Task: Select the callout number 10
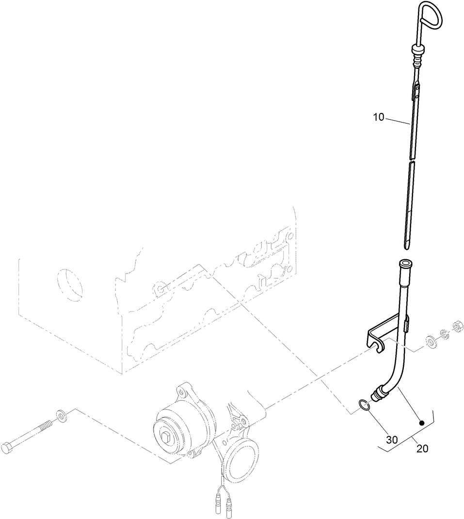379,117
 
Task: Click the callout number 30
392,440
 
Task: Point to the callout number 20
422,449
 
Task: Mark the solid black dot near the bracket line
422,423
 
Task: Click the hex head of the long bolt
8,448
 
